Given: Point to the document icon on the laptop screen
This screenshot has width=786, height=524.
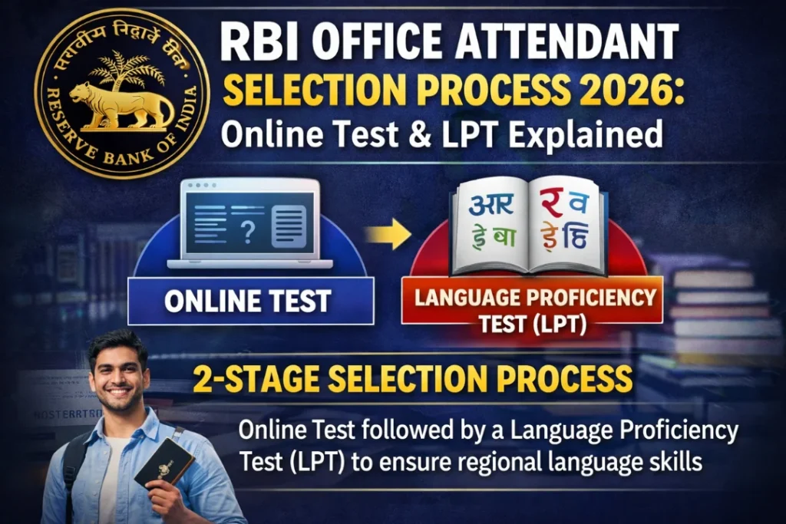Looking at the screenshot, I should pyautogui.click(x=289, y=224).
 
